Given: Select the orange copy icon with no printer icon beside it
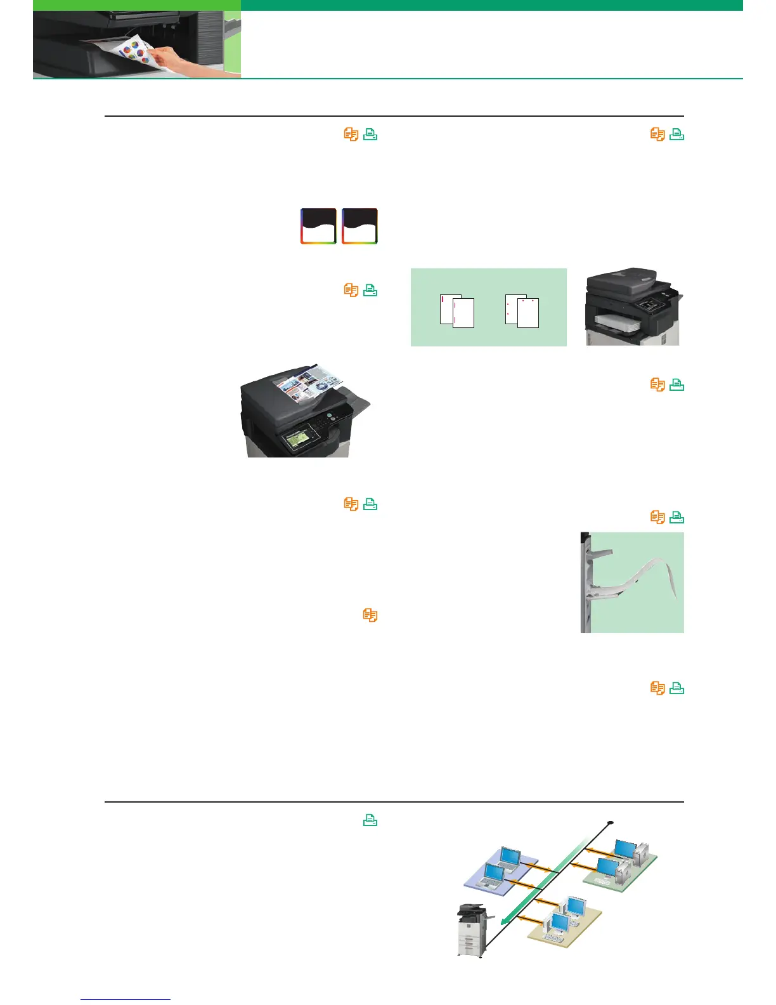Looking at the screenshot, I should coord(370,615).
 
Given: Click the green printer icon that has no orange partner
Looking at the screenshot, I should coord(370,820).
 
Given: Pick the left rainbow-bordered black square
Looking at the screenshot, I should coord(318,226).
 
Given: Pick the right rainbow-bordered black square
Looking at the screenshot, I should coord(359,226).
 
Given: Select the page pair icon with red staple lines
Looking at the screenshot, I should coord(457,311).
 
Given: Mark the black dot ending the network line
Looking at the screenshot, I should coord(611,823).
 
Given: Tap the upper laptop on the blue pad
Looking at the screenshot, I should coord(510,857).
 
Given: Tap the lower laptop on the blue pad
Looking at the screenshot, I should coord(494,875).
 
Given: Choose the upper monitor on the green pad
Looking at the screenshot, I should coord(625,848).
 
